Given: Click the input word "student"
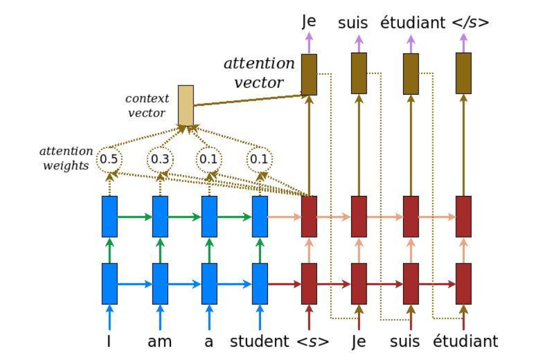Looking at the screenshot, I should tap(259, 342).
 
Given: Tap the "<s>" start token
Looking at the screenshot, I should tap(312, 342).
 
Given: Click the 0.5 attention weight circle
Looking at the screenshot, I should tap(109, 158).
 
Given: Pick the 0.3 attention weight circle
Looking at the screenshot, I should tap(159, 158).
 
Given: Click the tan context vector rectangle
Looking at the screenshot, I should tap(185, 105).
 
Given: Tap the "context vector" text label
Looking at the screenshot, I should tap(148, 105).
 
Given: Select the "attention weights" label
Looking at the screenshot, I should tap(66, 158).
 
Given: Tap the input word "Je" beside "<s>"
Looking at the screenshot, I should tap(359, 342).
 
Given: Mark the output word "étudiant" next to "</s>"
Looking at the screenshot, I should tap(413, 23).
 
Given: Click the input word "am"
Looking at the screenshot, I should tap(160, 342).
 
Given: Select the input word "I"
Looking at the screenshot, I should tap(109, 342).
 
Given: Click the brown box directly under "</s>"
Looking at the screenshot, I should tap(464, 73).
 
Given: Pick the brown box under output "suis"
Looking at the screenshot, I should tap(359, 73).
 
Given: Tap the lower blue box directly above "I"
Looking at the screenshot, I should tap(109, 283).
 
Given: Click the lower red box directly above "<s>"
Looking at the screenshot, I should tap(309, 283).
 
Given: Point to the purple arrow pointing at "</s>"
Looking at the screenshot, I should tap(464, 42).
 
